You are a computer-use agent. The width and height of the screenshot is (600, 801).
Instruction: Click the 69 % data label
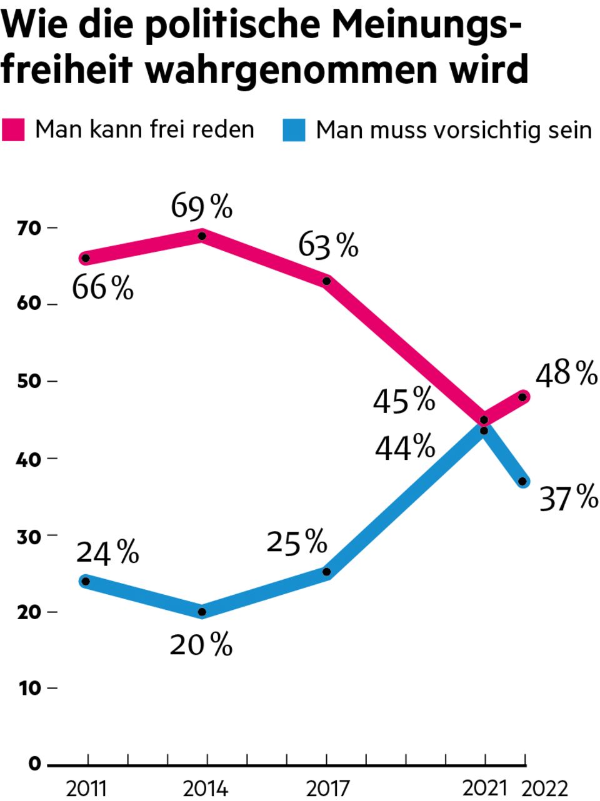[x=202, y=207]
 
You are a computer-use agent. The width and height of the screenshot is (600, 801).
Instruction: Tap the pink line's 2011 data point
[x=86, y=258]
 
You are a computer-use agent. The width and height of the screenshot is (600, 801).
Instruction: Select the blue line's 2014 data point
[x=202, y=612]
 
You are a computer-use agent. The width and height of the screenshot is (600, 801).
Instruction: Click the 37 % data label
[x=568, y=498]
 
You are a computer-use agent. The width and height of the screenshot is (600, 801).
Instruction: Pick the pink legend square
[x=13, y=130]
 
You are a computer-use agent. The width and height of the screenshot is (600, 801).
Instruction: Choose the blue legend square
[x=294, y=130]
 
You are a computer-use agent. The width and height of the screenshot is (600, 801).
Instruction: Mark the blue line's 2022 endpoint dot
[x=523, y=482]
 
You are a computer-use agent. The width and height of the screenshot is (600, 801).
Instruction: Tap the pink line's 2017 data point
[x=326, y=281]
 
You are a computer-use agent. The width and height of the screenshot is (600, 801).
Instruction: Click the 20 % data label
[x=201, y=645]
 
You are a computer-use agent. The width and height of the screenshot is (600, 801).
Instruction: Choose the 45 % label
[x=404, y=400]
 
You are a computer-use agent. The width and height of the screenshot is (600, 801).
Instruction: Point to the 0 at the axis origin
[x=34, y=764]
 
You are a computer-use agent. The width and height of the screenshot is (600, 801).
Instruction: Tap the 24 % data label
[x=107, y=553]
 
